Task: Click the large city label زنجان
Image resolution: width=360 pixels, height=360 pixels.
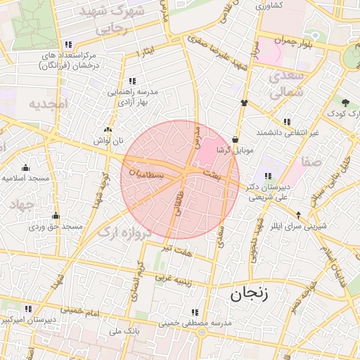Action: (249, 295)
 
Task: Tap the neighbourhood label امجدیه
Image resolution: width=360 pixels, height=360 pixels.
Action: (46, 104)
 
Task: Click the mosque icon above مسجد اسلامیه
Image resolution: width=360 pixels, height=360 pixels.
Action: (25, 167)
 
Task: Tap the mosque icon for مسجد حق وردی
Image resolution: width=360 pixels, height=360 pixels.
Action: (56, 216)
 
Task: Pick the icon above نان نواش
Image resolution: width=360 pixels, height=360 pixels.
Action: (108, 129)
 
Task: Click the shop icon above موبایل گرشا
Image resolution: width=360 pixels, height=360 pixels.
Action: (235, 139)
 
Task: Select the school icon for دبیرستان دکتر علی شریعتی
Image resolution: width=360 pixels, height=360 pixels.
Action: (268, 176)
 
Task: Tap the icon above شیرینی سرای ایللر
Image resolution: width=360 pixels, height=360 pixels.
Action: (300, 215)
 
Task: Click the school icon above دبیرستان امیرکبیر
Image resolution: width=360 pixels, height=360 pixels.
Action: (29, 308)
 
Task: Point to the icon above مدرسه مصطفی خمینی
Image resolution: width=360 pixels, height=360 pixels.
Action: (195, 312)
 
